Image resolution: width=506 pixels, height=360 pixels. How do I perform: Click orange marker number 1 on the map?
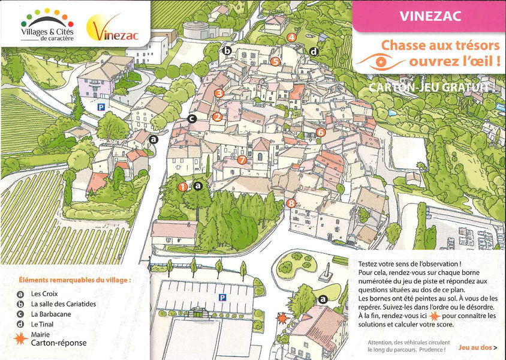[x=182, y=187]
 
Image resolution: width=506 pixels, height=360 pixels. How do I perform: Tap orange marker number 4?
[x=291, y=37]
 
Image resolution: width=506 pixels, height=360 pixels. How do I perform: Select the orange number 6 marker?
[x=321, y=132]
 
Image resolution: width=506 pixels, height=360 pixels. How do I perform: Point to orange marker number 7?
[x=242, y=160]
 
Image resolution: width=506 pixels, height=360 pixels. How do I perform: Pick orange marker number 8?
[x=291, y=203]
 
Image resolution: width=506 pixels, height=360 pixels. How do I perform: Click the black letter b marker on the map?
[x=227, y=51]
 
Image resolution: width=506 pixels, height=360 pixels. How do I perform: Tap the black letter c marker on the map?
[x=192, y=119]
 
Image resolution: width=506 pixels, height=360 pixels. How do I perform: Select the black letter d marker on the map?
[x=314, y=52]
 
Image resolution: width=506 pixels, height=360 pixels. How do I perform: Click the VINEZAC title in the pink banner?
[x=430, y=16]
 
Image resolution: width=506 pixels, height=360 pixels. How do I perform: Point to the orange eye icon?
[x=379, y=61]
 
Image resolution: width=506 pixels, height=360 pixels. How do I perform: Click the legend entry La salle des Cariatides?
[x=64, y=304]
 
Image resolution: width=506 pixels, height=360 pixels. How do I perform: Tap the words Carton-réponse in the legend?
[x=59, y=343]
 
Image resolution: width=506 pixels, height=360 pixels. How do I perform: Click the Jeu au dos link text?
[x=475, y=347]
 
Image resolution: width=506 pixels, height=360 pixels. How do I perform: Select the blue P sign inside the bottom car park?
[x=222, y=297]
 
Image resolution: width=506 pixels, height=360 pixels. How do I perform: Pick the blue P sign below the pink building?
[x=101, y=107]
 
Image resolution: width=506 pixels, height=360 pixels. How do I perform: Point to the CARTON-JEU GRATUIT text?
[x=432, y=88]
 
